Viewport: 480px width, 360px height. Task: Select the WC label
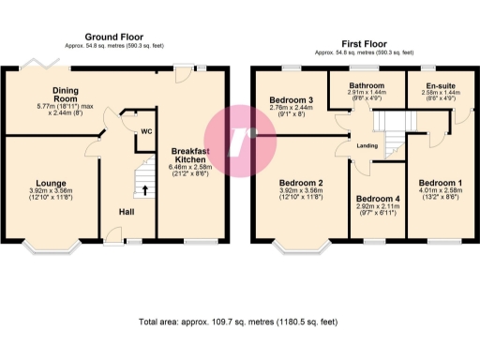point(146,131)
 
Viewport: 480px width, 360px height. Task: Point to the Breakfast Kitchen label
point(191,155)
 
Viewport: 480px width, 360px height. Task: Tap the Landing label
point(367,144)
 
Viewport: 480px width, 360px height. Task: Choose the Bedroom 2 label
point(301,183)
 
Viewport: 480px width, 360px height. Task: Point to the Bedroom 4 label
point(379,200)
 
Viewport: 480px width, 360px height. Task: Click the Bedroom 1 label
point(438,183)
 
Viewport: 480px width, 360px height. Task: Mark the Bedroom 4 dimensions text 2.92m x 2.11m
point(379,209)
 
